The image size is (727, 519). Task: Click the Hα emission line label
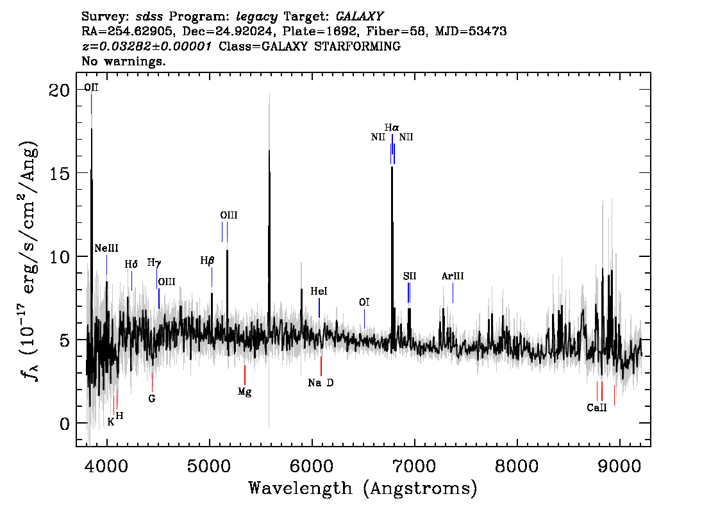tap(392, 128)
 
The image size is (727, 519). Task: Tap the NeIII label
tap(106, 249)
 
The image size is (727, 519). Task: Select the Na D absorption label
tap(321, 383)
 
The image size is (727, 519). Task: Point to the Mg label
tap(244, 392)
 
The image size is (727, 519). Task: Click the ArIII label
tap(453, 276)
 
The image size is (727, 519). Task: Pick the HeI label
tap(319, 291)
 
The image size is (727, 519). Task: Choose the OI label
tap(364, 302)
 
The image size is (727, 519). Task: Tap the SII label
tap(410, 276)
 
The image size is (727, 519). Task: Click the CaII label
tap(597, 408)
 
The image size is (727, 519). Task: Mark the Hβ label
tap(207, 261)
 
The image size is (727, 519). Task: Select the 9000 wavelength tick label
tap(619, 466)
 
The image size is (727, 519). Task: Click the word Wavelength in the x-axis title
tap(301, 488)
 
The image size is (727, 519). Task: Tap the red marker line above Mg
tap(245, 375)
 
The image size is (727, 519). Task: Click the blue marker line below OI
tap(364, 318)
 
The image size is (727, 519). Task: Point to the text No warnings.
tap(123, 61)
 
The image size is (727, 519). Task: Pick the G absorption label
tap(151, 399)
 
